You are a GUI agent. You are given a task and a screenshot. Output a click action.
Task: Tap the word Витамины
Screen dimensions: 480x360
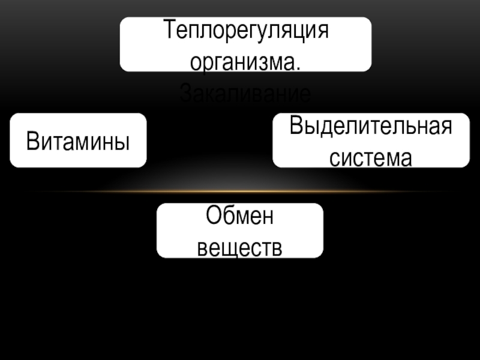pyautogui.click(x=78, y=142)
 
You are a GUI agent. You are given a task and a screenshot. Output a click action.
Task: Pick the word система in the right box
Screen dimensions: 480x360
pyautogui.click(x=370, y=157)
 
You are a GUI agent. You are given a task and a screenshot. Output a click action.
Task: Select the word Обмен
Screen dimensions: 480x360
pyautogui.click(x=239, y=217)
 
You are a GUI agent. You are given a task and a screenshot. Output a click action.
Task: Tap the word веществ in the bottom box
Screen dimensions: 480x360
pyautogui.click(x=239, y=247)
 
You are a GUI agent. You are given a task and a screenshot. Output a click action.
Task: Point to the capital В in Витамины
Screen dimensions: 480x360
pyautogui.click(x=32, y=142)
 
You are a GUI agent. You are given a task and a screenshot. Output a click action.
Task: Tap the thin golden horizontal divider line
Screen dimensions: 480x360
pyautogui.click(x=240, y=191)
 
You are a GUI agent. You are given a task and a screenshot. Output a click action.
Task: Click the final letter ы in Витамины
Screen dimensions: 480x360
pyautogui.click(x=123, y=143)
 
